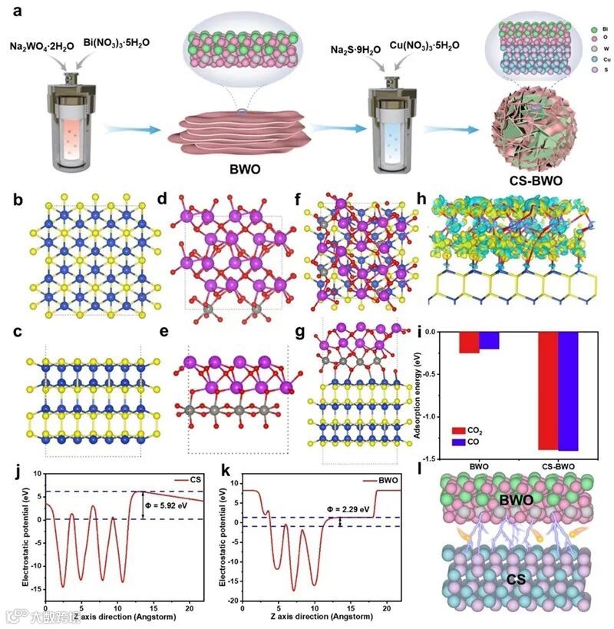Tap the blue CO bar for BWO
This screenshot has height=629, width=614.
490,340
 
